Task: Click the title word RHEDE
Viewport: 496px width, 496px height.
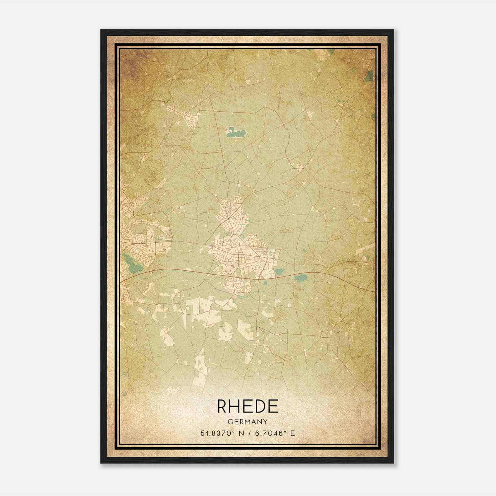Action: pos(248,406)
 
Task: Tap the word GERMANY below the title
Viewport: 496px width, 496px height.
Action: pos(248,422)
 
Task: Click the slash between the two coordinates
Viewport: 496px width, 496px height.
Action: pos(247,433)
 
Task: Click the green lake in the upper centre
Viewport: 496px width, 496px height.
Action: pos(236,132)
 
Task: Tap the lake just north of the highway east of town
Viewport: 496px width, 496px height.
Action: pos(280,272)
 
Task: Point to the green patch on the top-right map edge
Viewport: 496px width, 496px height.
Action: pos(370,76)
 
